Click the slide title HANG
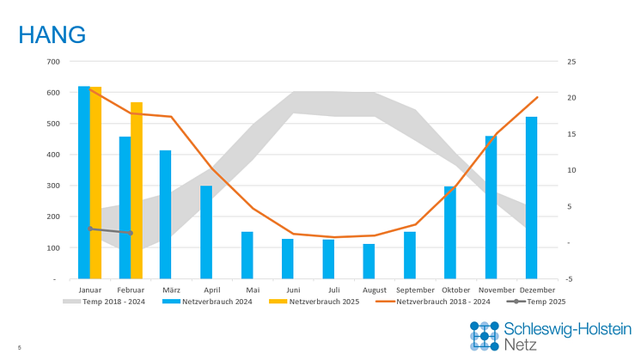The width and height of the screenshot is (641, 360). (52, 35)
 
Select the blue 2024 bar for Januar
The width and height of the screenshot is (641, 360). (84, 182)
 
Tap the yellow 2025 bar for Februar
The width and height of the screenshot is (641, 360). (137, 191)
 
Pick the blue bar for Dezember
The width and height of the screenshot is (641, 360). (532, 198)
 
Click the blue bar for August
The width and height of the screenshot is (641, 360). (369, 261)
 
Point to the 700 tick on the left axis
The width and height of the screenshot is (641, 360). (53, 62)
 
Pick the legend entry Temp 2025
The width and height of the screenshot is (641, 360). (540, 302)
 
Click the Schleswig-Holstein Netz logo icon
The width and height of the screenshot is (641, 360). (484, 335)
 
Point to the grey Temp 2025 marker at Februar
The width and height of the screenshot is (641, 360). (131, 233)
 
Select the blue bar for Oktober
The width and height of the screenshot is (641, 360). (450, 232)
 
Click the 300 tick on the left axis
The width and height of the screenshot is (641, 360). (53, 186)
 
